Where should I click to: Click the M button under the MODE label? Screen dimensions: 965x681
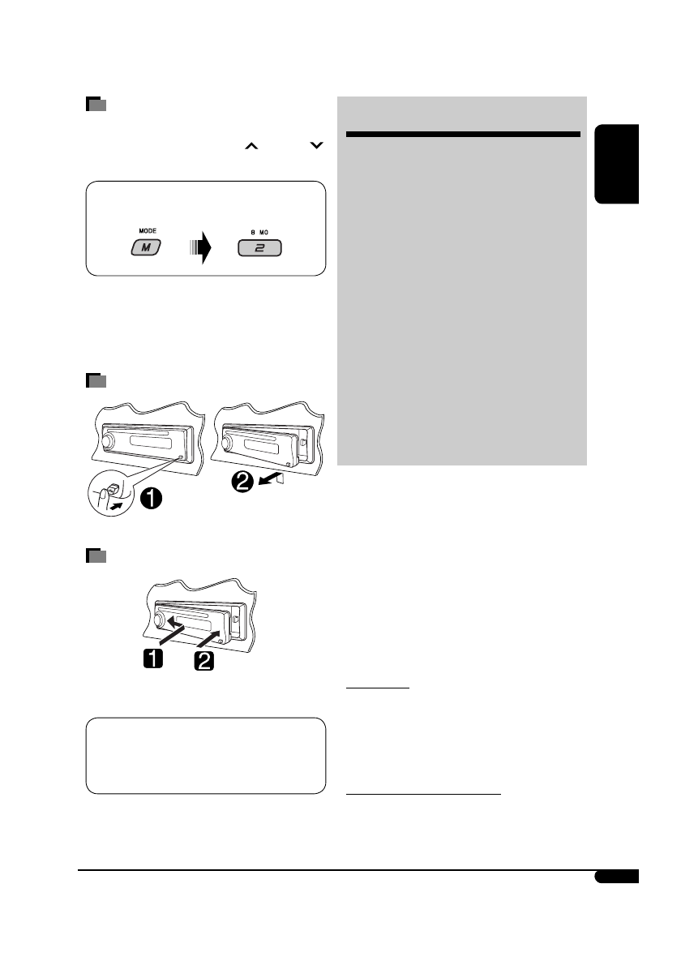tap(147, 247)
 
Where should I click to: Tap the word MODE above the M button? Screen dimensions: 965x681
tap(147, 230)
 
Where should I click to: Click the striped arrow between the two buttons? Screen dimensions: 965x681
tap(199, 247)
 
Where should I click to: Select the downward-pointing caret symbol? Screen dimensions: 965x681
tap(315, 146)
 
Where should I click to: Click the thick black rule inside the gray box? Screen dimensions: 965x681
tap(462, 134)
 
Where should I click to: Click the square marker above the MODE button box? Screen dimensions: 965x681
tap(96, 105)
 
